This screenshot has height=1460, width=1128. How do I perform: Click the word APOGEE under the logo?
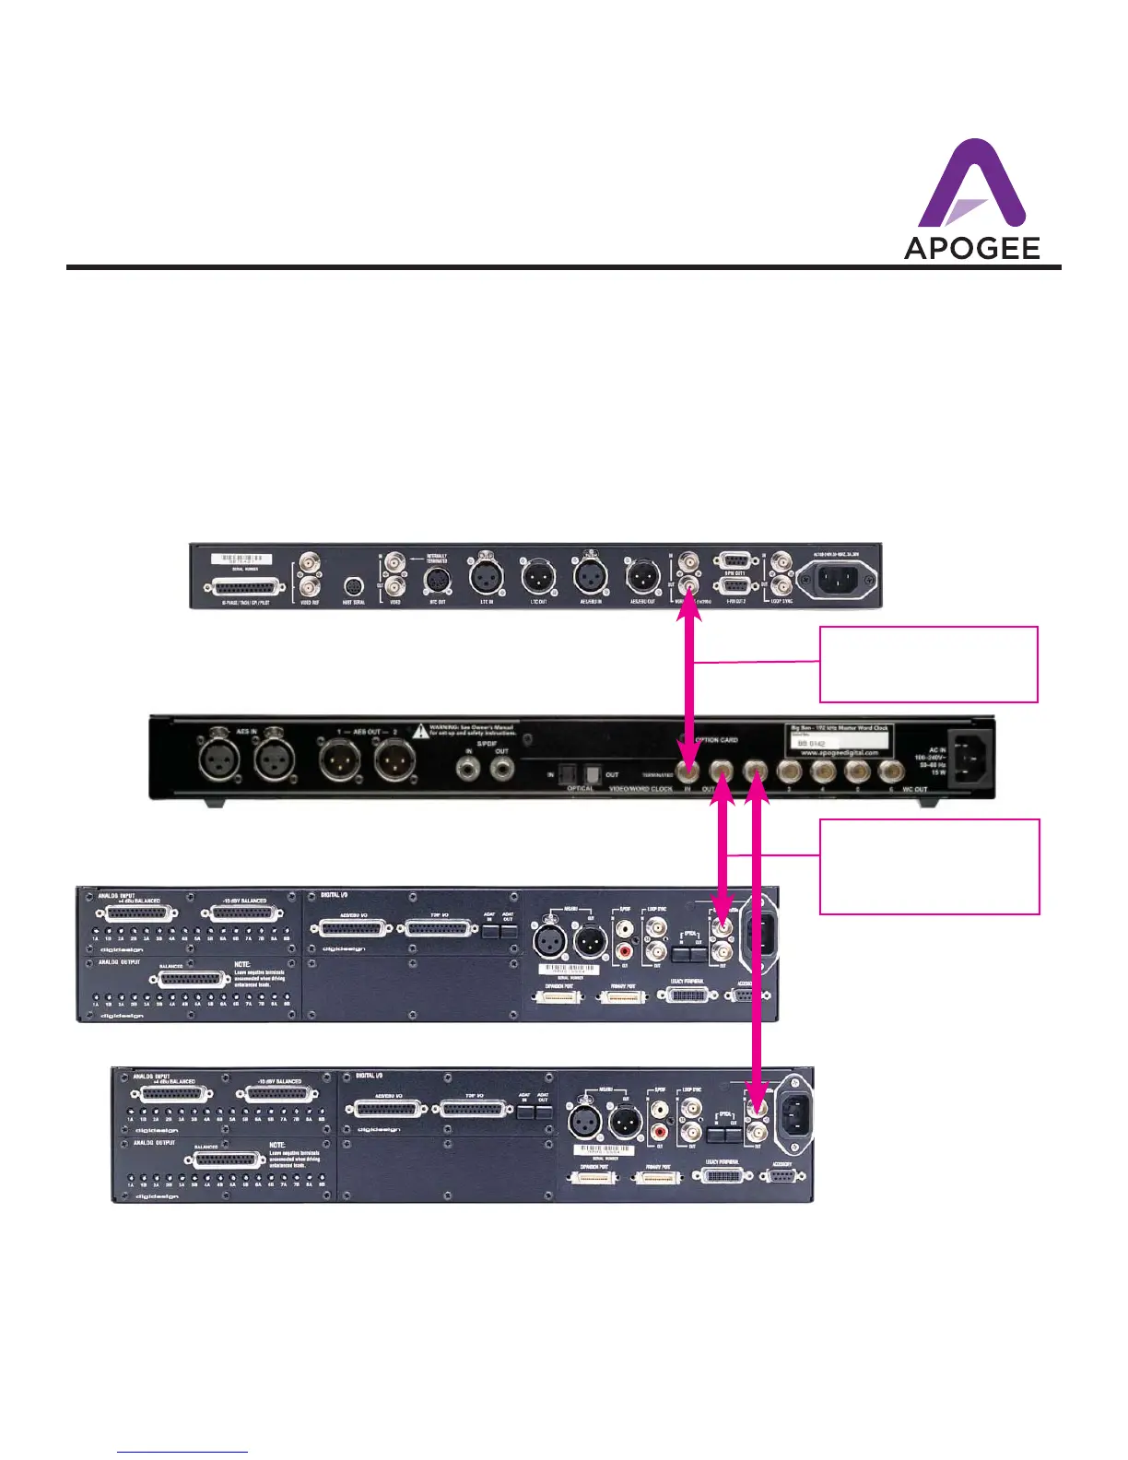point(971,248)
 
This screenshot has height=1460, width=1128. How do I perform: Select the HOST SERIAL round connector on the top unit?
point(353,585)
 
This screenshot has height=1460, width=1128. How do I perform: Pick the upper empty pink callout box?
point(928,664)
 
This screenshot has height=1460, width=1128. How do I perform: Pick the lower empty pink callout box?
point(929,865)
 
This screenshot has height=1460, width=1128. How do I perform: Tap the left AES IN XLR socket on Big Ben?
point(221,761)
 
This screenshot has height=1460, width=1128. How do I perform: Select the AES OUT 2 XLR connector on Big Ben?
point(394,761)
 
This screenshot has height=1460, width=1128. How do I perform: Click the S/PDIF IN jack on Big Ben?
point(469,766)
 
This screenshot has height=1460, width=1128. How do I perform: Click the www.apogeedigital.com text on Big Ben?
point(840,752)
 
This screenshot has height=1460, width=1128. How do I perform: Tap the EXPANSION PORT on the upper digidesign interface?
point(558,997)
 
